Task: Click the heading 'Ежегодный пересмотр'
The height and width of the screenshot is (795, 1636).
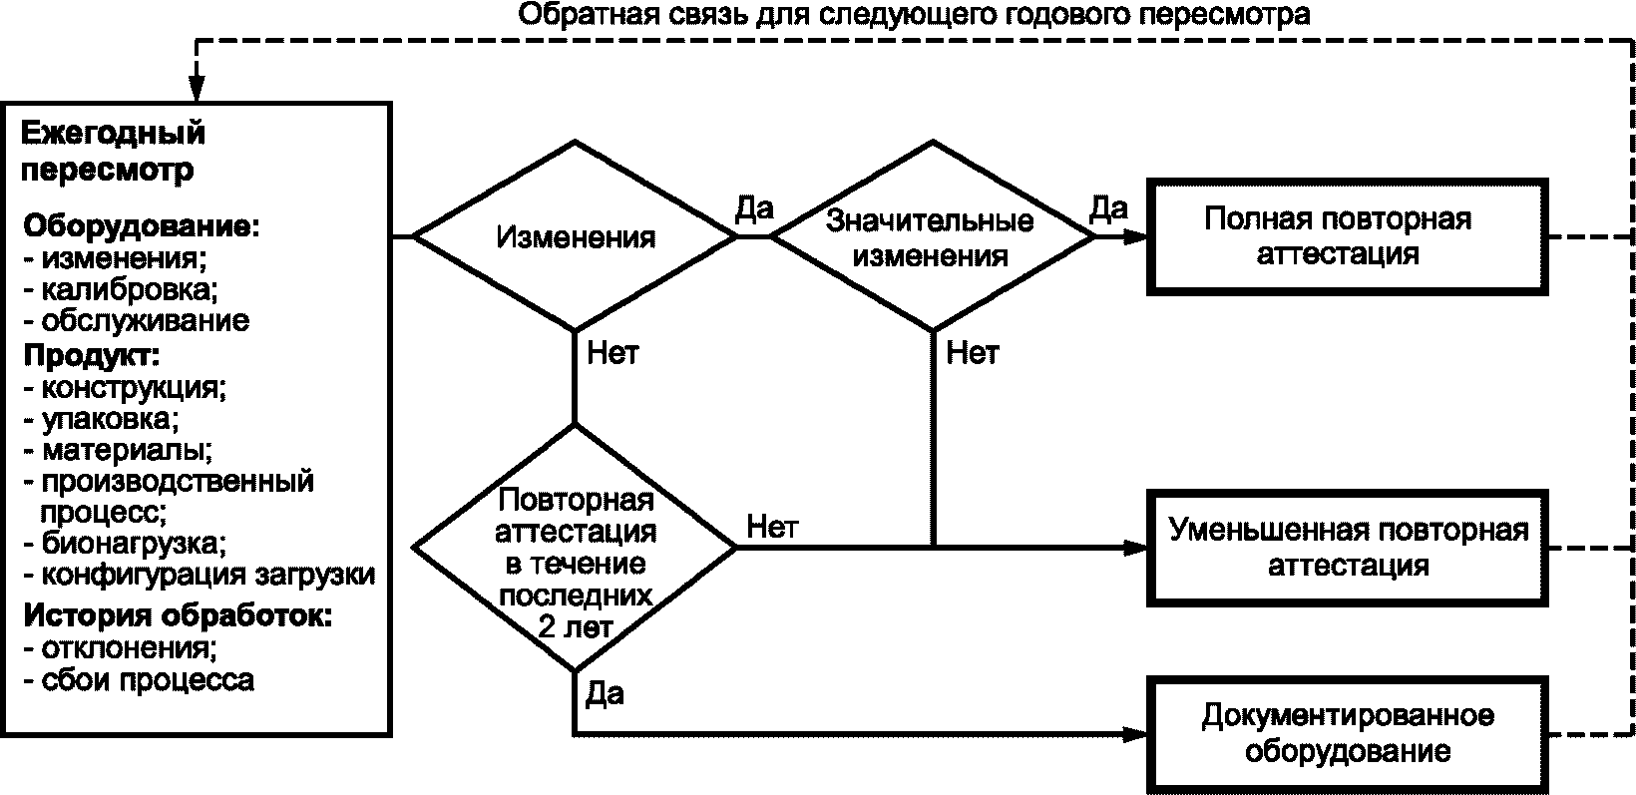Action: click(x=113, y=151)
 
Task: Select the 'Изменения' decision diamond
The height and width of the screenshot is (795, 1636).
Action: click(x=575, y=237)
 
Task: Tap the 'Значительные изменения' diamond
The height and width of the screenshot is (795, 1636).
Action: click(x=932, y=237)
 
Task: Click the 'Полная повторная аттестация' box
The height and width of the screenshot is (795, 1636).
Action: click(x=1346, y=236)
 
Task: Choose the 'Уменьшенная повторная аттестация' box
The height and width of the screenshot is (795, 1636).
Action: click(x=1346, y=547)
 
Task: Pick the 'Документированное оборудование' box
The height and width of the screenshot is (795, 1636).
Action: click(x=1346, y=733)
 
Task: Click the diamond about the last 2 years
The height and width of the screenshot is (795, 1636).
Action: click(x=575, y=547)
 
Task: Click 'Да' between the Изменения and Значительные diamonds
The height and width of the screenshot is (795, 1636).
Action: click(x=754, y=208)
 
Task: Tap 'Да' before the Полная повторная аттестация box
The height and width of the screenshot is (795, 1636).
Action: click(x=1108, y=208)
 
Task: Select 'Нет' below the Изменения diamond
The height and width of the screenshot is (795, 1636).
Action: click(x=613, y=353)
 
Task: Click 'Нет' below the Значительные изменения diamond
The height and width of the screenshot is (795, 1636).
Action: click(x=972, y=353)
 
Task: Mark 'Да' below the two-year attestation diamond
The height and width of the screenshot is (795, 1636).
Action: click(x=605, y=693)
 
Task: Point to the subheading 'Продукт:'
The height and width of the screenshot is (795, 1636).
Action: click(x=92, y=354)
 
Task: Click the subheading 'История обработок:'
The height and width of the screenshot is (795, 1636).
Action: click(x=177, y=615)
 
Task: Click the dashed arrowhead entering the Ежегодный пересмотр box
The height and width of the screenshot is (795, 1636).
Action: click(x=197, y=87)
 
